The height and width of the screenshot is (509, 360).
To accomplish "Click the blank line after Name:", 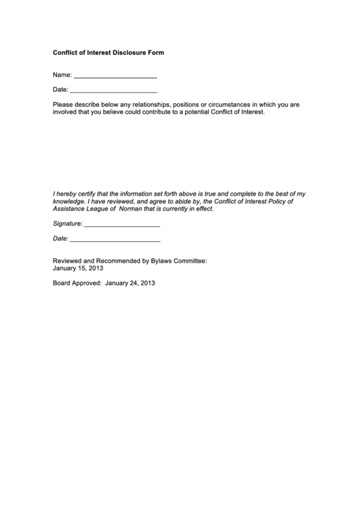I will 114,77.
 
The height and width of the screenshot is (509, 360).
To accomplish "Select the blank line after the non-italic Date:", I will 113,91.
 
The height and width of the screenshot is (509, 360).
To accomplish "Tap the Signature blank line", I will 122,225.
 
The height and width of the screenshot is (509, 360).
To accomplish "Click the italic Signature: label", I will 68,224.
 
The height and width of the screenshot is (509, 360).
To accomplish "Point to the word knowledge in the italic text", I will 69,202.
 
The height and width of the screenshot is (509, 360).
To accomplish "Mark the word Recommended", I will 117,260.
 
